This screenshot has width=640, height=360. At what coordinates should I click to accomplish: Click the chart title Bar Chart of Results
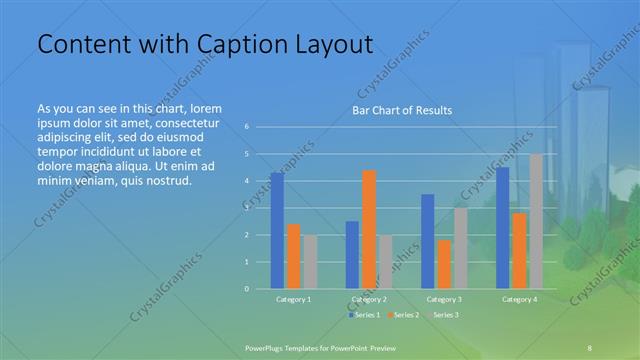click(401, 110)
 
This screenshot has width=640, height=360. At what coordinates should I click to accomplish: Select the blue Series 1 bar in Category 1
click(277, 231)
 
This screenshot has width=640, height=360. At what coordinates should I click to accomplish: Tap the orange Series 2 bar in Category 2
click(368, 229)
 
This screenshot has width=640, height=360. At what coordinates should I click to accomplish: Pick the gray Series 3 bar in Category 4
click(535, 221)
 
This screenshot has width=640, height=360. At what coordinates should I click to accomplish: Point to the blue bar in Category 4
click(502, 228)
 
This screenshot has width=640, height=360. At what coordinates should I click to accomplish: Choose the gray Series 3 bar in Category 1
click(310, 262)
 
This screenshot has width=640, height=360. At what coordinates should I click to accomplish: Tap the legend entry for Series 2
click(402, 315)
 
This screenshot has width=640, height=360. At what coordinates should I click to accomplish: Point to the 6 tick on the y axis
click(246, 127)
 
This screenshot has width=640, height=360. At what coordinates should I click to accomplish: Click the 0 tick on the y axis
click(246, 289)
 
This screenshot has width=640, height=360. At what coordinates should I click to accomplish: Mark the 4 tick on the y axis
click(246, 181)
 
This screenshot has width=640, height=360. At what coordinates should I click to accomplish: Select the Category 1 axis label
click(293, 299)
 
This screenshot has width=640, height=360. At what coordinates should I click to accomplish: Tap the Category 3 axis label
click(444, 299)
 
